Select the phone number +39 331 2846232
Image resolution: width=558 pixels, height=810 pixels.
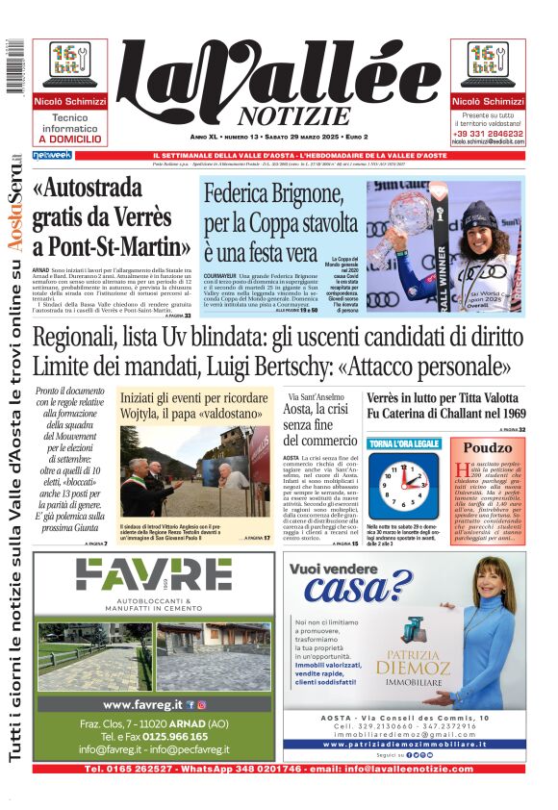(488, 132)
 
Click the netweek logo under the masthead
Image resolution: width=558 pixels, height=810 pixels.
(52, 155)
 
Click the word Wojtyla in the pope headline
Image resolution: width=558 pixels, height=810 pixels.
(153, 418)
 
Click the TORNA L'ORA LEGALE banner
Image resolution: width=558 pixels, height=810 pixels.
(404, 443)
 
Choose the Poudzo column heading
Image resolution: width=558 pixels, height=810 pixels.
(489, 447)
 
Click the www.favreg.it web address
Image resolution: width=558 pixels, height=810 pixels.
(143, 704)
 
